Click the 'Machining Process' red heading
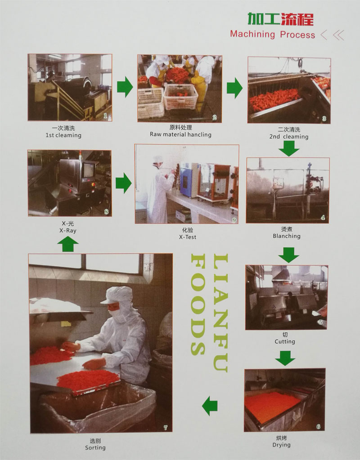[x=273, y=34]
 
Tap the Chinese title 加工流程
[x=280, y=19]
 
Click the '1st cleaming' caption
[x=63, y=135]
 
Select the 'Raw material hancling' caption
[x=180, y=134]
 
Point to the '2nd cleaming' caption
[x=289, y=137]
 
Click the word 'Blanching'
[x=287, y=236]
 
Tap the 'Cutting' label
[x=285, y=341]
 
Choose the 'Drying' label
[x=281, y=445]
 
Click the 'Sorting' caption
[x=95, y=448]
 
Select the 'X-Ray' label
[x=68, y=231]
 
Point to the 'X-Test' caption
[x=188, y=237]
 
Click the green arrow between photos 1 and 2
[x=125, y=87]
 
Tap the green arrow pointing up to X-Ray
[x=68, y=244]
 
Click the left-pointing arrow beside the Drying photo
[x=210, y=406]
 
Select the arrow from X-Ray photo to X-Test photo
[x=123, y=183]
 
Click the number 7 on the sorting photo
[x=165, y=428]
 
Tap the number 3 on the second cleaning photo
[x=324, y=119]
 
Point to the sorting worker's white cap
[x=117, y=295]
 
